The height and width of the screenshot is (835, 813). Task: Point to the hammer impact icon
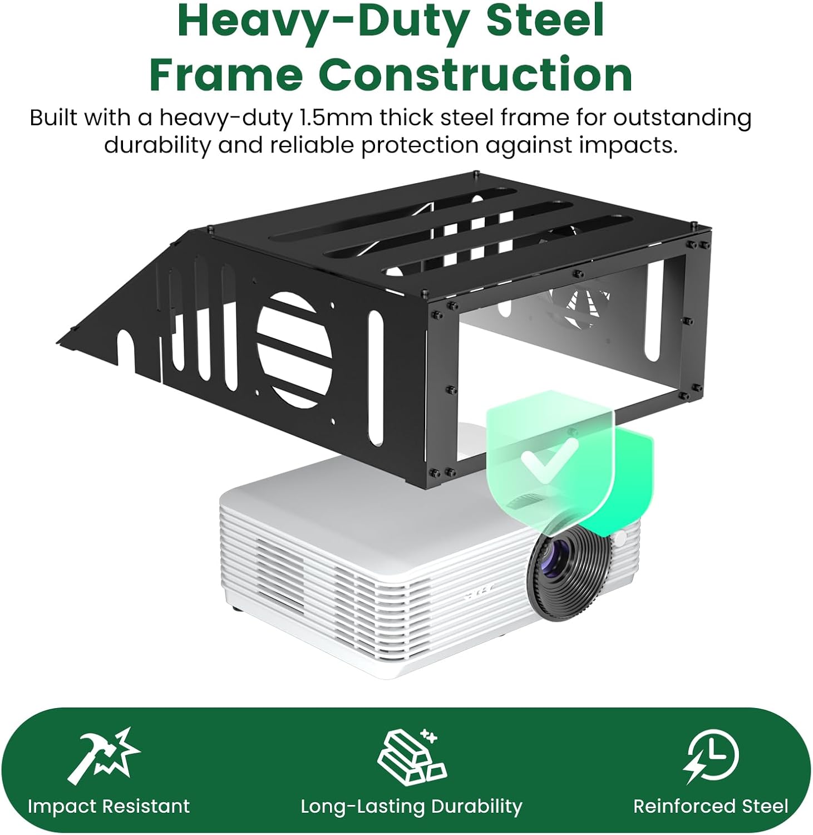click(104, 755)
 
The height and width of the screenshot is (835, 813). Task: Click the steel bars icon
click(411, 756)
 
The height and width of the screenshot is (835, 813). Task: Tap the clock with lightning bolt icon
click(711, 755)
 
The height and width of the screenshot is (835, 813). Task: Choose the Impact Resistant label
click(109, 806)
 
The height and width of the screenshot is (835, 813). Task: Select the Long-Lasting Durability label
click(411, 806)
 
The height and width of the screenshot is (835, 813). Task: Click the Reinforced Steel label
click(711, 806)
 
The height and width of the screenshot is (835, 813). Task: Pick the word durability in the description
click(158, 145)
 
